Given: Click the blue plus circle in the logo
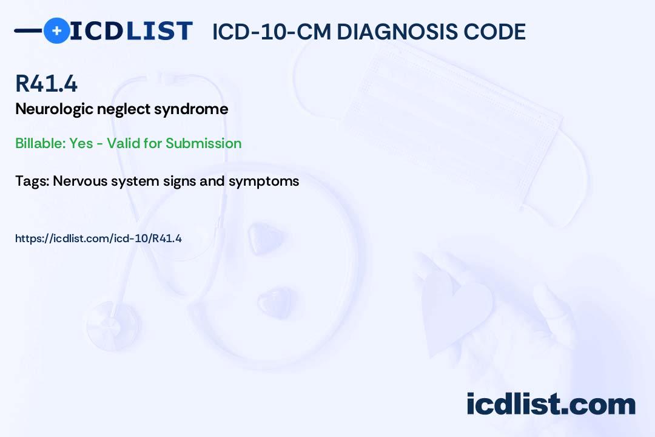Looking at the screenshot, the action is click(x=56, y=30).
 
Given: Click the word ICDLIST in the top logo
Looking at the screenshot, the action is click(x=131, y=30).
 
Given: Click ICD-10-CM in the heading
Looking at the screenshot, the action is click(x=272, y=32).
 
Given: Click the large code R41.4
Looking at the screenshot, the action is click(x=46, y=83).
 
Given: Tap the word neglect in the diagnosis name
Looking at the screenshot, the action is click(x=124, y=109).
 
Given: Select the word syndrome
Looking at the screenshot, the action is click(x=191, y=109).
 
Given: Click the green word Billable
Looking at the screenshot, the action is click(x=41, y=143).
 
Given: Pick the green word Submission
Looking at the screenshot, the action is click(x=203, y=143).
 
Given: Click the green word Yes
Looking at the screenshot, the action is click(x=81, y=143).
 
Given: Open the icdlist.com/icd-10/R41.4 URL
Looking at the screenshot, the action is click(x=99, y=239).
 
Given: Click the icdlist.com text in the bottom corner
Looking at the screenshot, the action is click(x=551, y=404).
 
